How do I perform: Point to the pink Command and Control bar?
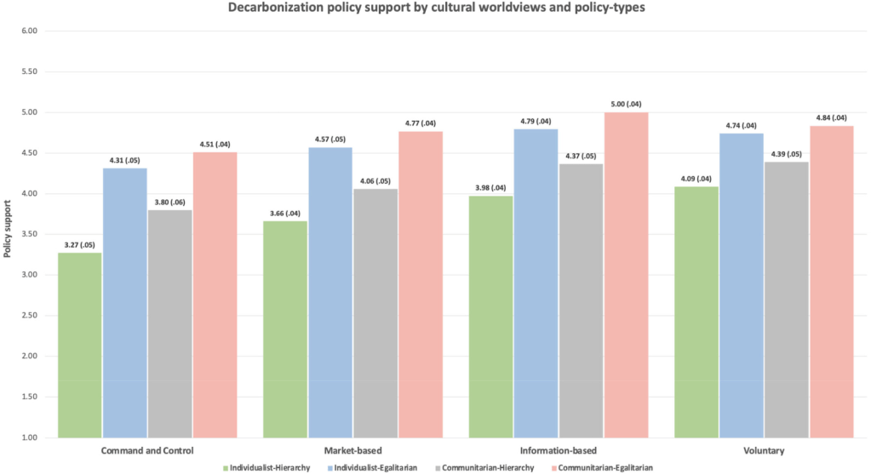215,294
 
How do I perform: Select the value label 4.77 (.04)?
420,123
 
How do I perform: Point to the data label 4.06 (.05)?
375,181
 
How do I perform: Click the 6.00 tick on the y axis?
30,31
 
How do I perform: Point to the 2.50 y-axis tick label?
30,316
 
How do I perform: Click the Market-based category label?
352,450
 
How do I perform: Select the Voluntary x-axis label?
764,450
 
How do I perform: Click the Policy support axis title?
8,235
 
